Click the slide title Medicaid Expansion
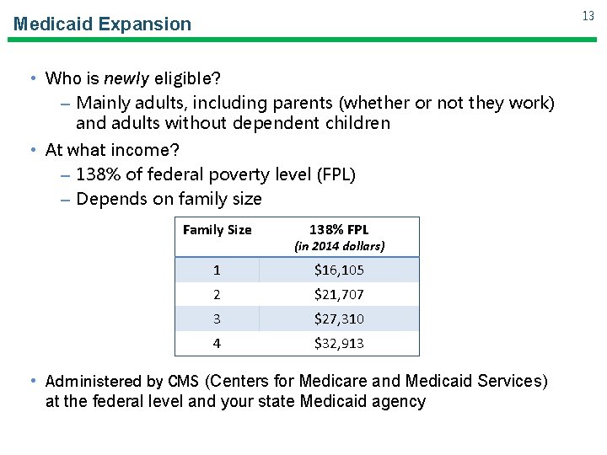(102, 24)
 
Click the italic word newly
(126, 79)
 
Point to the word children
(357, 124)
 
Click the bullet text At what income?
(112, 149)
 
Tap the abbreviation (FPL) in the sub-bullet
(336, 174)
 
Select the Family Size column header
(217, 229)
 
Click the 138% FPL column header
(339, 229)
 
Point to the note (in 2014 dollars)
(339, 246)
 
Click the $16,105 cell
(339, 270)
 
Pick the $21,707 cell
(339, 295)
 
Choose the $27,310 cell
(339, 319)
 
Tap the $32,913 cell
(339, 344)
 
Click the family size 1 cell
(217, 270)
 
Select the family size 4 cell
(217, 344)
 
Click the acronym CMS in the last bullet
(184, 381)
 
